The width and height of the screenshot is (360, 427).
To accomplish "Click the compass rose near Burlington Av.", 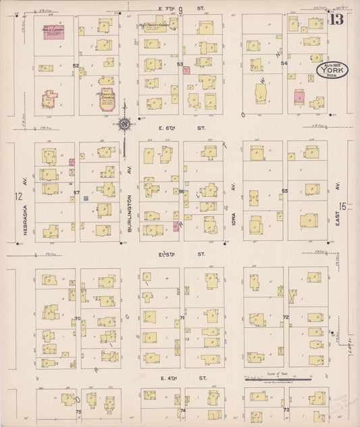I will tap(125, 124).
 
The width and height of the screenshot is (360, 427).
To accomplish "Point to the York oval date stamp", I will tap(330, 71).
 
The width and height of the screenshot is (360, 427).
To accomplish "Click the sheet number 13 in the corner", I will tap(336, 18).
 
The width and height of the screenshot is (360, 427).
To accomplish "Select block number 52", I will tap(76, 66).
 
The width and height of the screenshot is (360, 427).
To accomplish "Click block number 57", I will tap(76, 193).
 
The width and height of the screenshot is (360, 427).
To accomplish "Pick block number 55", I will tap(285, 191).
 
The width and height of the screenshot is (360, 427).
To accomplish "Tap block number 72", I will tap(286, 317).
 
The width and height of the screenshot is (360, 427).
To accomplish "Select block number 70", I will tap(78, 318).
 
